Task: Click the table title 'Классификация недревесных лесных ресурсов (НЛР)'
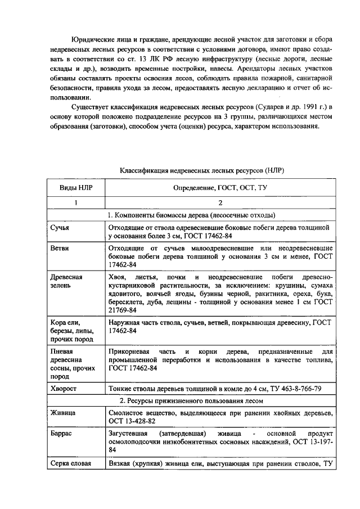[205, 169]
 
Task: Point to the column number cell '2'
[220, 202]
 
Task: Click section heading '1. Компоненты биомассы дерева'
[191, 215]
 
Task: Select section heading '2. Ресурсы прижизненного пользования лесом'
[191, 400]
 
